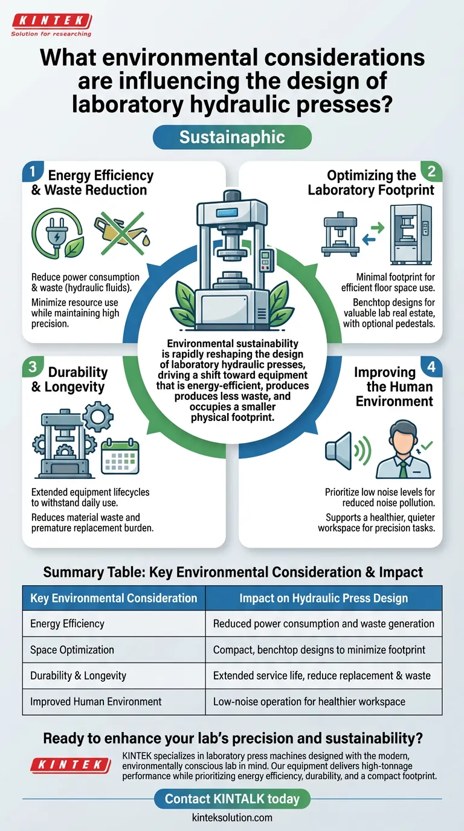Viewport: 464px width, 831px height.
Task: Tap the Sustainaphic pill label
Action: pyautogui.click(x=232, y=137)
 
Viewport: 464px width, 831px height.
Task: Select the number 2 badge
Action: pyautogui.click(x=433, y=172)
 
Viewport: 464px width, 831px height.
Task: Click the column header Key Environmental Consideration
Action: pyautogui.click(x=114, y=598)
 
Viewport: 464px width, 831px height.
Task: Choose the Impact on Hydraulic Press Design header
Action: pyautogui.click(x=323, y=598)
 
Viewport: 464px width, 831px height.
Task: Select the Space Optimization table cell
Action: pyautogui.click(x=72, y=650)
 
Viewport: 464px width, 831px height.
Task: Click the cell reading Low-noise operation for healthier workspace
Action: pyautogui.click(x=309, y=701)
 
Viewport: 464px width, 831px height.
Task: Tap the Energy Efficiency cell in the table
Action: pyautogui.click(x=67, y=624)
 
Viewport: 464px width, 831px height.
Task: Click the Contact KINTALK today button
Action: pyautogui.click(x=232, y=799)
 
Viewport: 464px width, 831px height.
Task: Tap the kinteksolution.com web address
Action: pyautogui.click(x=232, y=818)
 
